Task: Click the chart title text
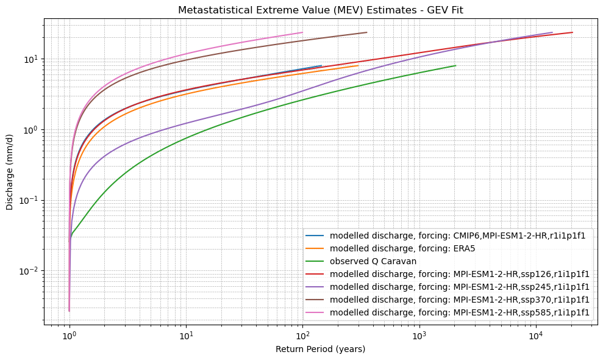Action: pos(320,10)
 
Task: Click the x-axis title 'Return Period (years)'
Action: pos(320,349)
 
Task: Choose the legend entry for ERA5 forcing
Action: pos(402,248)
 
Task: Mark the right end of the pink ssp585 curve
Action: pos(302,32)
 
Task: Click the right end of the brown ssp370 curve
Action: pos(366,32)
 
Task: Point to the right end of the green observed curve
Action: pos(455,65)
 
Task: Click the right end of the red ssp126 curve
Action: pos(573,32)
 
